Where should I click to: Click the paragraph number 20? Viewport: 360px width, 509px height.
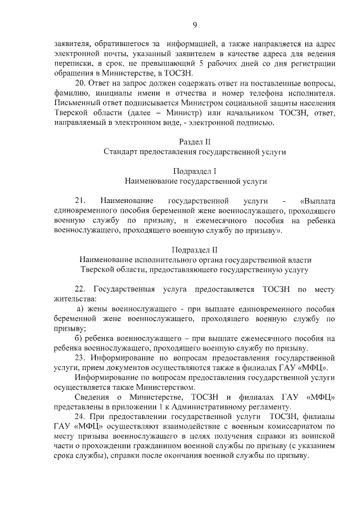click(x=80, y=83)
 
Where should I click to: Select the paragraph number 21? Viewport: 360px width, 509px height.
click(x=80, y=200)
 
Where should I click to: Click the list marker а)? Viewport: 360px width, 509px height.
click(x=80, y=309)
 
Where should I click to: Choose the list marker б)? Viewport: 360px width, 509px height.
click(x=80, y=338)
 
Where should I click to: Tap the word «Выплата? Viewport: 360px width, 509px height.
click(x=318, y=200)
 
